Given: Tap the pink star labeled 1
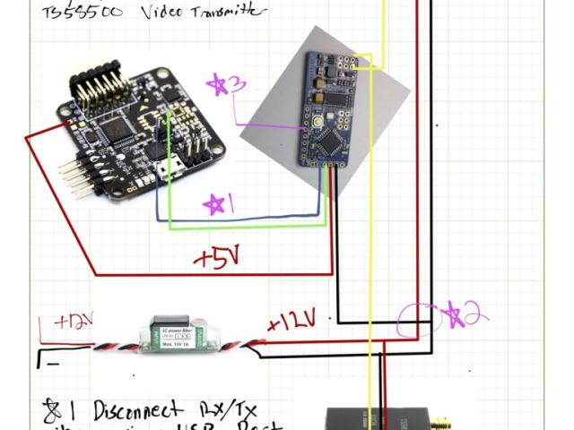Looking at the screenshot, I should click(215, 204).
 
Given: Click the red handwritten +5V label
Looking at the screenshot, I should click(216, 259).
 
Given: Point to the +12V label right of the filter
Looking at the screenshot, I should click(292, 320).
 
